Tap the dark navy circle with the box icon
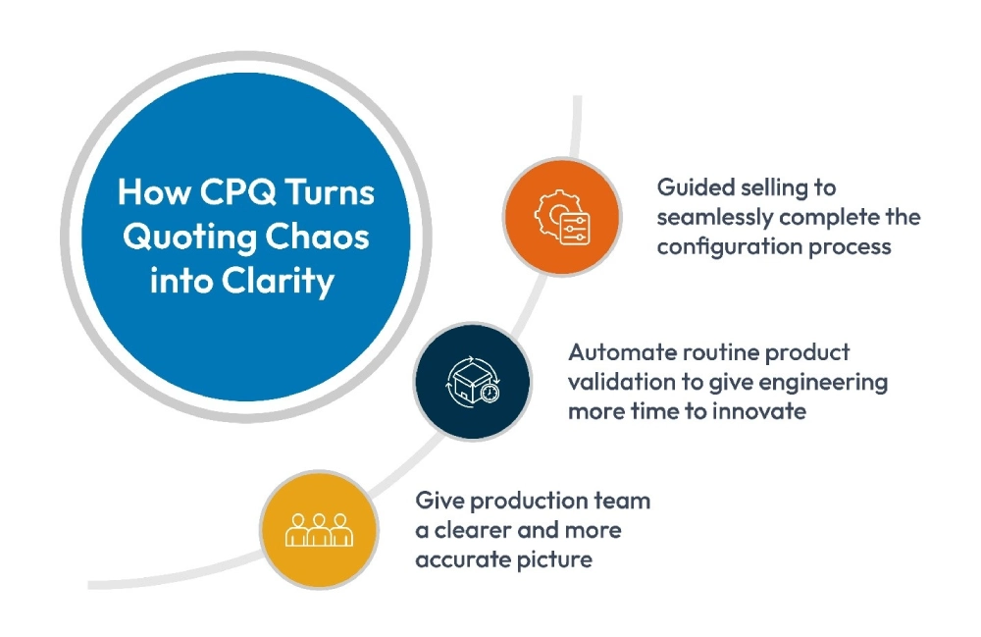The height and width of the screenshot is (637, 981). [x=472, y=381]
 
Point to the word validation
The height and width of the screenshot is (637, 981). [x=615, y=381]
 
